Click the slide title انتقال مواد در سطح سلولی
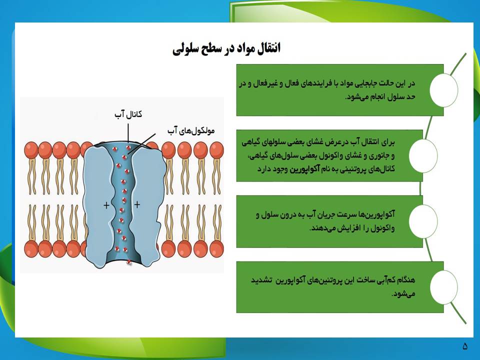coord(226,48)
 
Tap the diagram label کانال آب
coord(128,114)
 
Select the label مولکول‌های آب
coord(191,130)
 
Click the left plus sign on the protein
coord(106,205)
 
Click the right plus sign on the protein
coord(137,204)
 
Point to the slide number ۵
coord(465,346)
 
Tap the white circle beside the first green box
coord(443,90)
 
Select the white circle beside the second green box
coord(423,155)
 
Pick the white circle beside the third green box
coord(423,221)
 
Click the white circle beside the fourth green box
coord(443,287)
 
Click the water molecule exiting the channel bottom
coord(129,261)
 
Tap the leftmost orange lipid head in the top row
coord(31,150)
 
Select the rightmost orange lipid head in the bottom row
coord(216,248)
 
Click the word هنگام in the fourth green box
coord(406,280)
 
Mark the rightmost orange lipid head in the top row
coord(216,150)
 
